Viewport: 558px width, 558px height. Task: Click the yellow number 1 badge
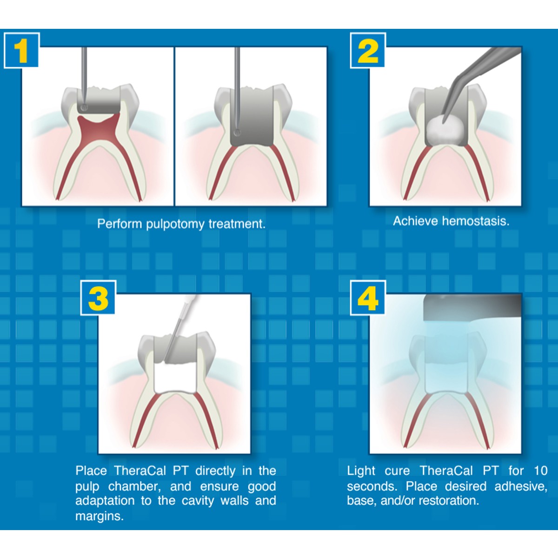(x=21, y=51)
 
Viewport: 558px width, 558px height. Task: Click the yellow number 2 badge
(x=368, y=51)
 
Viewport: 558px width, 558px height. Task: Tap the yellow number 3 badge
(x=98, y=298)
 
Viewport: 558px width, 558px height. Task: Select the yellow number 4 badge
(x=368, y=298)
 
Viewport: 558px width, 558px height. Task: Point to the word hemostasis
(x=476, y=221)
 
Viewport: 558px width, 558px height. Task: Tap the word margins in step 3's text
(x=100, y=516)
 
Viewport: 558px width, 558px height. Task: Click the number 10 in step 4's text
(x=540, y=471)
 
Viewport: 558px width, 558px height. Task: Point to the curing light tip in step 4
(x=472, y=307)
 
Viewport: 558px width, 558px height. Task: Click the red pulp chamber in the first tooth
(x=98, y=127)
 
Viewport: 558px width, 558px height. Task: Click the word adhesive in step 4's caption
(x=521, y=486)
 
